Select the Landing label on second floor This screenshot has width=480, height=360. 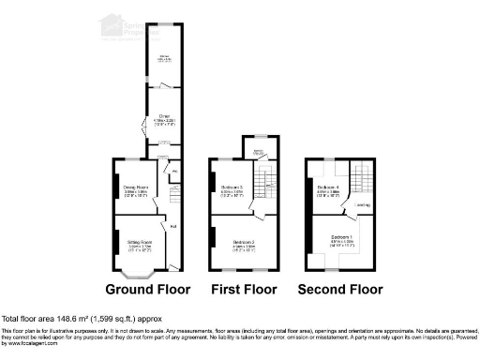363,205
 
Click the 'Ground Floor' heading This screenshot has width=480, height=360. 147,289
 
